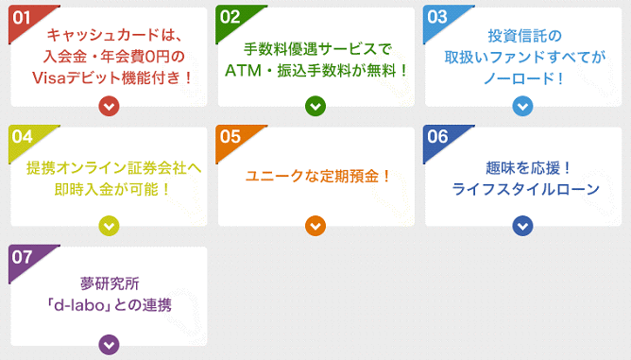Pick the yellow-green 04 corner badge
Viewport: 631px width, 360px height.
coord(22,137)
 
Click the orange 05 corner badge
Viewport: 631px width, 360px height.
coord(230,137)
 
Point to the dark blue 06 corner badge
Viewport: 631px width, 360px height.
coord(437,137)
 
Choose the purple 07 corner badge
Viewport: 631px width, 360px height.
coord(22,256)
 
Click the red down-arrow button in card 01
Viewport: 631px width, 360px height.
coord(110,106)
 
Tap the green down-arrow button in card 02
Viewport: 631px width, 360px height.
coord(315,106)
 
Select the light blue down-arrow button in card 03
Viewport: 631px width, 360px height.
coord(523,106)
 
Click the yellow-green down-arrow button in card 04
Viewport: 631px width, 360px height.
coord(110,225)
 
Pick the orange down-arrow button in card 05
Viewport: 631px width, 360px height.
coord(315,225)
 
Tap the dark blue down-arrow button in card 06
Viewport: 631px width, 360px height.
coord(523,225)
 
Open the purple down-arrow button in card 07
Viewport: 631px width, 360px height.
coord(110,344)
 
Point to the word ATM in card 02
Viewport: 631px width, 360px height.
coord(243,69)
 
